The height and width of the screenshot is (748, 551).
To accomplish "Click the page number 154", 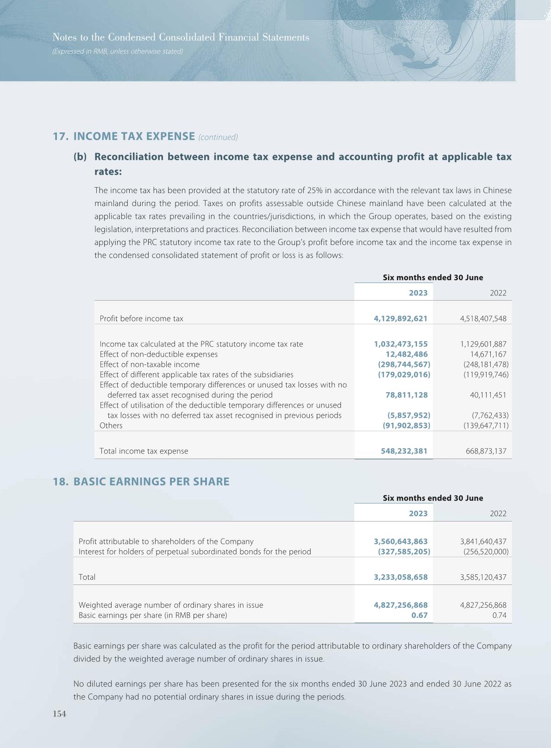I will (60, 714).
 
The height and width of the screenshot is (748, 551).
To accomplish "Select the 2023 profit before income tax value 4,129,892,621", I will (401, 319).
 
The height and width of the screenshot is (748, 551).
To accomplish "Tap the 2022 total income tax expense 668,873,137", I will (486, 451).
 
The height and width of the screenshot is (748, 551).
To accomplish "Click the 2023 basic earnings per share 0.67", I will (420, 616).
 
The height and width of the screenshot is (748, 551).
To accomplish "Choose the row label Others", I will (111, 426).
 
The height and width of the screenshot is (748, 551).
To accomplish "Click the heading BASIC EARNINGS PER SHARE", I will (151, 482).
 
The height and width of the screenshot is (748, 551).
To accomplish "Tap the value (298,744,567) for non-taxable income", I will (404, 365).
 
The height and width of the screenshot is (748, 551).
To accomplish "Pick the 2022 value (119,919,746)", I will (486, 375).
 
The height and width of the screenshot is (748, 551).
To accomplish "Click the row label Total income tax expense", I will (144, 451).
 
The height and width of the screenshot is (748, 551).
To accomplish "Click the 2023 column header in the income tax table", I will (418, 293).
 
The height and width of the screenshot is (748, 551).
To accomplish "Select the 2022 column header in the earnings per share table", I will (498, 513).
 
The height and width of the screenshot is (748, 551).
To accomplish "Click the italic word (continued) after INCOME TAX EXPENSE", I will (218, 137).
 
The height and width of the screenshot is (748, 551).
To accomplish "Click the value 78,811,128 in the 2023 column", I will (407, 395).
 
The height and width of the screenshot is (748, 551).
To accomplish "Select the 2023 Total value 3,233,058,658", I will (401, 577).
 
